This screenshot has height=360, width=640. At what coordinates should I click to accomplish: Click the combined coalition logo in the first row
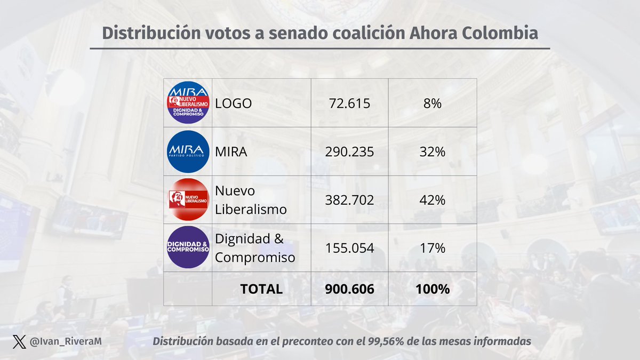click(x=187, y=103)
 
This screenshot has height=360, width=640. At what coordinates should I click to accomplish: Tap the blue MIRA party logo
click(x=187, y=151)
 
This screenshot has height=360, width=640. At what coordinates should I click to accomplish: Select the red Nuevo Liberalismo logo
click(x=187, y=200)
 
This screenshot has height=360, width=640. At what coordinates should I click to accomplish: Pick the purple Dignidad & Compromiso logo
click(x=187, y=248)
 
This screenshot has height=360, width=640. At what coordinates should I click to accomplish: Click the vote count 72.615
click(x=349, y=104)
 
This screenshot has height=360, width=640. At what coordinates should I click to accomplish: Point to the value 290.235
click(x=349, y=152)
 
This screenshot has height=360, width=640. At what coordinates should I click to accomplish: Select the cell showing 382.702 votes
click(x=349, y=200)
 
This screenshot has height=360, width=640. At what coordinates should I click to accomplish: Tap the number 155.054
click(x=349, y=248)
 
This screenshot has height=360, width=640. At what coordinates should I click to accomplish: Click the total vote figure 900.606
click(x=349, y=289)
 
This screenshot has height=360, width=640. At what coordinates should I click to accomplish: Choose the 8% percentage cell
click(x=432, y=104)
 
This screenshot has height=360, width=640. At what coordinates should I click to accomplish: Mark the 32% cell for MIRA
click(x=432, y=152)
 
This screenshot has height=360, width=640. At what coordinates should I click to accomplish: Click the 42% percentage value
click(x=432, y=200)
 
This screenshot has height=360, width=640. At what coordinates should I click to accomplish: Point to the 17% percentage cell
click(x=432, y=248)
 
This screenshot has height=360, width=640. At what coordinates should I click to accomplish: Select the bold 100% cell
click(x=432, y=289)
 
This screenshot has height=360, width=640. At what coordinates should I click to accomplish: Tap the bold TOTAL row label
click(x=261, y=289)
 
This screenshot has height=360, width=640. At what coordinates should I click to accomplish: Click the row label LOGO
click(x=233, y=104)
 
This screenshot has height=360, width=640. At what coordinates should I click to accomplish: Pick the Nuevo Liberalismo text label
click(x=250, y=200)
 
